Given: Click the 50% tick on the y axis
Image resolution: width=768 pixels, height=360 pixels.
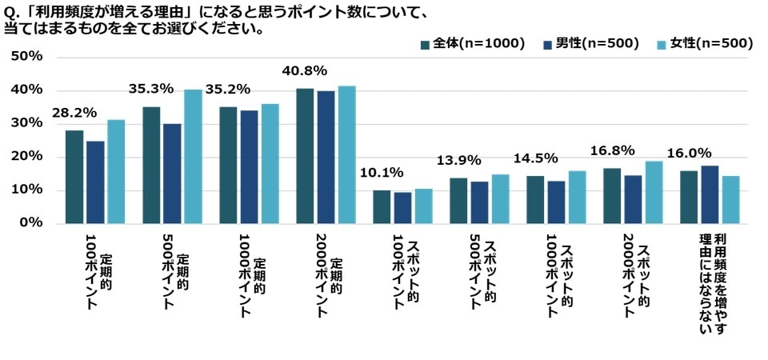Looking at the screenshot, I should click(26, 57).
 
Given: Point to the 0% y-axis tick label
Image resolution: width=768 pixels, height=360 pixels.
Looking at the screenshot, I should click(31, 222).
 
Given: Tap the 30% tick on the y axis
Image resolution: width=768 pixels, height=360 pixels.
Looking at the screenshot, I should click(26, 123).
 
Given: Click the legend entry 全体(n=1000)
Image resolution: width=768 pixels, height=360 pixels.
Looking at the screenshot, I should click(473, 43).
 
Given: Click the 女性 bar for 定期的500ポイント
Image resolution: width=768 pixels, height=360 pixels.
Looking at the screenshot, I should click(193, 156).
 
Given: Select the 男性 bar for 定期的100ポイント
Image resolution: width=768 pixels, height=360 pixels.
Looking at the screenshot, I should click(95, 182).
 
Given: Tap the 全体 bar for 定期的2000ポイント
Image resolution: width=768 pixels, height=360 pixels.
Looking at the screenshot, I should click(305, 155).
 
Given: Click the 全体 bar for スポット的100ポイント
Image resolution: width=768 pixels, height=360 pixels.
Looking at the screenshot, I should click(382, 206).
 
